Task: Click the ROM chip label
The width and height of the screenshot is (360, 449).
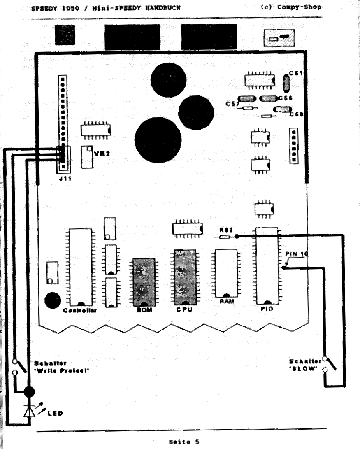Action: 144,310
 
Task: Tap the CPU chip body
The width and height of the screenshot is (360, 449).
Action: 184,277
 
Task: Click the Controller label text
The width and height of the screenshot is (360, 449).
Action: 80,310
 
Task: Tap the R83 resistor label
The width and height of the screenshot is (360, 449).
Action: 224,230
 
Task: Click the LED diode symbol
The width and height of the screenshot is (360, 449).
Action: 28,411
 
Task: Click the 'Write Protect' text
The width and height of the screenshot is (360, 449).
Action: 62,370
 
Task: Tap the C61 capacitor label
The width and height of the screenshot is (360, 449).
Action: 296,73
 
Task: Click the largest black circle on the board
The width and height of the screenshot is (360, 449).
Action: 158,139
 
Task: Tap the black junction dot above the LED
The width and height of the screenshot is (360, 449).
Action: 28,392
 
